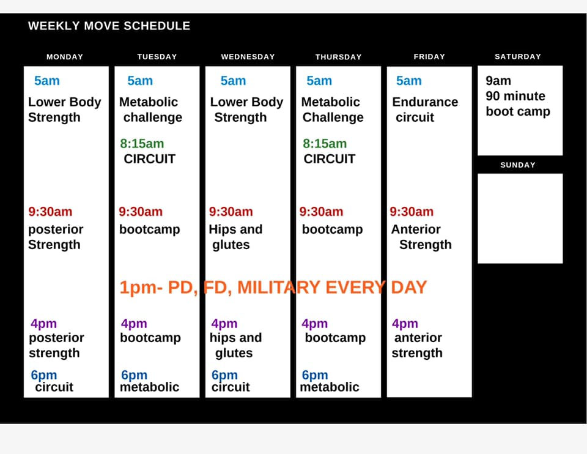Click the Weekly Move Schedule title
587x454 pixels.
(x=109, y=26)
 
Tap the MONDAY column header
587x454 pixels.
(x=65, y=57)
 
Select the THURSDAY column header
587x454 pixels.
(x=338, y=57)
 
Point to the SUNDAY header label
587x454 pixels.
(x=518, y=165)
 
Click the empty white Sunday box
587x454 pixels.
(x=520, y=218)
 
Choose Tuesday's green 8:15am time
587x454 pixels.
(x=142, y=143)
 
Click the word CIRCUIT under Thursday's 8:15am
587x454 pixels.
(x=330, y=159)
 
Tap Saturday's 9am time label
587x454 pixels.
(x=498, y=81)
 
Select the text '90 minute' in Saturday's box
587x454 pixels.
(x=515, y=96)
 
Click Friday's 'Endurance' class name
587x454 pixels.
(x=425, y=102)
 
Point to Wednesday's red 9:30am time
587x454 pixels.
(x=231, y=212)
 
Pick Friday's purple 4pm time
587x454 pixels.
(x=405, y=324)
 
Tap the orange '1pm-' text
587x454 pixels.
(x=141, y=288)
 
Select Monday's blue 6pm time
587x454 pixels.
(x=44, y=375)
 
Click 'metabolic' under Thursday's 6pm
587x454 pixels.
(x=330, y=387)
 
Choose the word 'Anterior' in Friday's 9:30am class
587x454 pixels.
(x=416, y=229)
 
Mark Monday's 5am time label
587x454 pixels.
(x=47, y=81)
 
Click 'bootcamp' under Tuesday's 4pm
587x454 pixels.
(x=150, y=338)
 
